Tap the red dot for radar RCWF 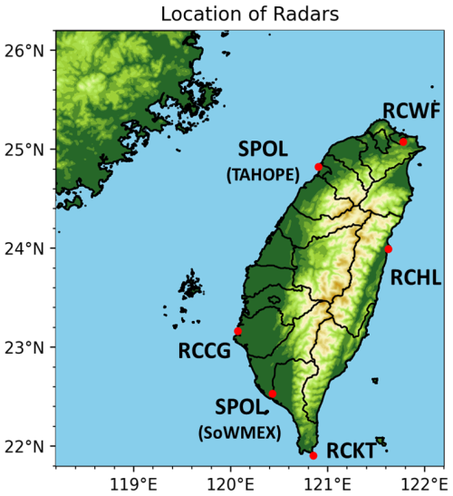point(403,141)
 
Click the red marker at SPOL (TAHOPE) point(318,167)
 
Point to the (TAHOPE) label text point(263,175)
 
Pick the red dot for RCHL point(389,248)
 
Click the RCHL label point(415,279)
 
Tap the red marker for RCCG point(238,332)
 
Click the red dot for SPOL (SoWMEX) point(272,394)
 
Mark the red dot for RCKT point(313,455)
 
